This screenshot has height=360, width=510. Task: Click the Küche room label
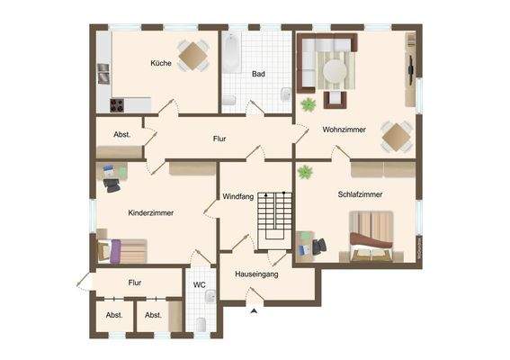(161, 64)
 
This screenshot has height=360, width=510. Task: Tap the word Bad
(258, 74)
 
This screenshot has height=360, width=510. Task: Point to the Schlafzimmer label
(361, 193)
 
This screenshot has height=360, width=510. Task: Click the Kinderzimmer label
(151, 212)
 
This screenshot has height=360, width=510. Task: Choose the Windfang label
(239, 197)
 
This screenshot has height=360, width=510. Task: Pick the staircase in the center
(274, 220)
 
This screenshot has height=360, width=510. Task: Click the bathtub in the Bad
(232, 54)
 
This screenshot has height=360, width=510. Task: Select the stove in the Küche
(119, 104)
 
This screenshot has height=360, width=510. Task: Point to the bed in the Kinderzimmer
(122, 249)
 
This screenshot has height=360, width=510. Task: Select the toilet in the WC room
(201, 323)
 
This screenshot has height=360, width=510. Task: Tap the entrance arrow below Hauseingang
(255, 310)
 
